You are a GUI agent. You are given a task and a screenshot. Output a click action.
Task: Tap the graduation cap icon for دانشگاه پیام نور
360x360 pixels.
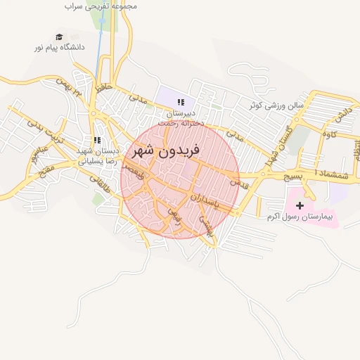coord(59,37)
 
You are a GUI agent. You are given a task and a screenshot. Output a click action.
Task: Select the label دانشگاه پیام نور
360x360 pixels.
coord(59,48)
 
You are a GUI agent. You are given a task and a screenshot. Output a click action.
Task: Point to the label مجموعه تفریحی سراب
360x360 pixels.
coord(101,6)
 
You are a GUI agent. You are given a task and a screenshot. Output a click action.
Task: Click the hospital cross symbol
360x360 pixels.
coord(301,206)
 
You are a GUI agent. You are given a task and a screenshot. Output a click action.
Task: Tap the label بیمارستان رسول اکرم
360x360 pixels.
coord(301,217)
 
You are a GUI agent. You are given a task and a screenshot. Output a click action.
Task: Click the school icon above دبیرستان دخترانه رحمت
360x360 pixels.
coord(181,102)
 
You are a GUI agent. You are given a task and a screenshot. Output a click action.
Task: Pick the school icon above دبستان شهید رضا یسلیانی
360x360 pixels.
coord(98,141)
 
